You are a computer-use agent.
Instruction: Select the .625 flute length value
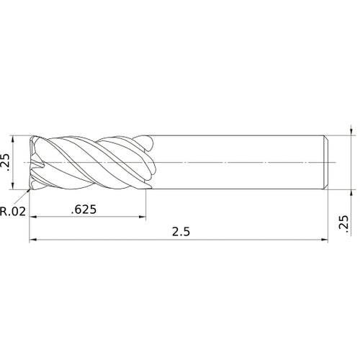(85, 210)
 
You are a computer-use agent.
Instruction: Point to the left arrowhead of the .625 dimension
(33, 218)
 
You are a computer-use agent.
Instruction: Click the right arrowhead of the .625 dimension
(143, 218)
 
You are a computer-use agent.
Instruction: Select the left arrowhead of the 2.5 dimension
(33, 240)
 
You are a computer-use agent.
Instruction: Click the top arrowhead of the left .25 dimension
(14, 139)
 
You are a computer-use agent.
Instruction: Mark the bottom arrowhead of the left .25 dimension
(14, 187)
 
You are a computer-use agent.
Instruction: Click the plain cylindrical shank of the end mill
(238, 163)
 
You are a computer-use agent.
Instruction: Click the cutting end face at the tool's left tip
(33, 163)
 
